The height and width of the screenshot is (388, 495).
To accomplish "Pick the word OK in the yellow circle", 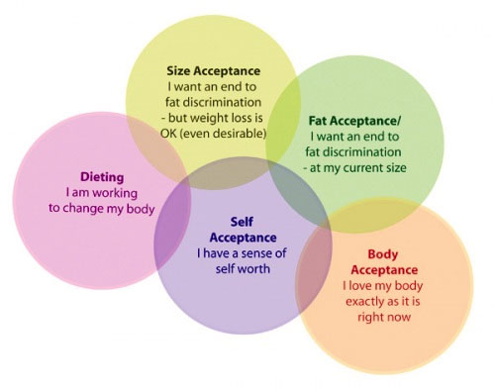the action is pos(174,134).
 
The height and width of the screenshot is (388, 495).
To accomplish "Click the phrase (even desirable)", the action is pos(227,134).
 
